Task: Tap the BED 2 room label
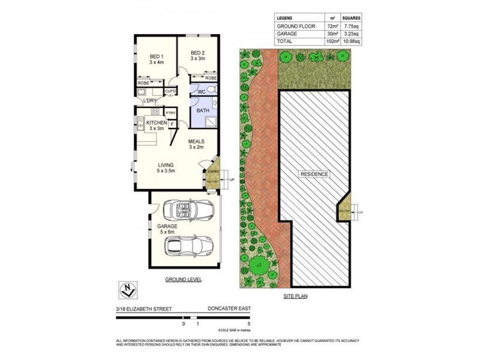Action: pyautogui.click(x=198, y=53)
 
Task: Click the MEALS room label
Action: pyautogui.click(x=196, y=142)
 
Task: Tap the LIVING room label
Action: pyautogui.click(x=166, y=166)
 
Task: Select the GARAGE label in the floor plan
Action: pyautogui.click(x=167, y=226)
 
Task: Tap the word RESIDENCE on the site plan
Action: pyautogui.click(x=314, y=174)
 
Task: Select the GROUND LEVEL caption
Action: pyautogui.click(x=184, y=280)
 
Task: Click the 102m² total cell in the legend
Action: pyautogui.click(x=331, y=41)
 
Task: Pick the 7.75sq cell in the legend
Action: pyautogui.click(x=351, y=26)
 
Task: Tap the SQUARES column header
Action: pyautogui.click(x=351, y=19)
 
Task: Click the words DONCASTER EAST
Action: pyautogui.click(x=229, y=308)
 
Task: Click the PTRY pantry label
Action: pyautogui.click(x=170, y=112)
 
